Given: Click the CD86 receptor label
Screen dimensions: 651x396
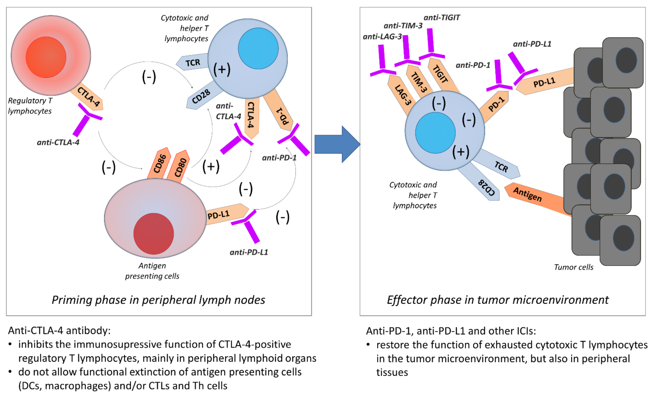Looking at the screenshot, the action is click(159, 164).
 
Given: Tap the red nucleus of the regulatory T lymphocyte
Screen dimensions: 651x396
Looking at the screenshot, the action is click(46, 57).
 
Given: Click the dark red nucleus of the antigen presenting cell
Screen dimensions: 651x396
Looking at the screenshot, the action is click(154, 234).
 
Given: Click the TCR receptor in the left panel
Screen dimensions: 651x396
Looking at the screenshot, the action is click(192, 62).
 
